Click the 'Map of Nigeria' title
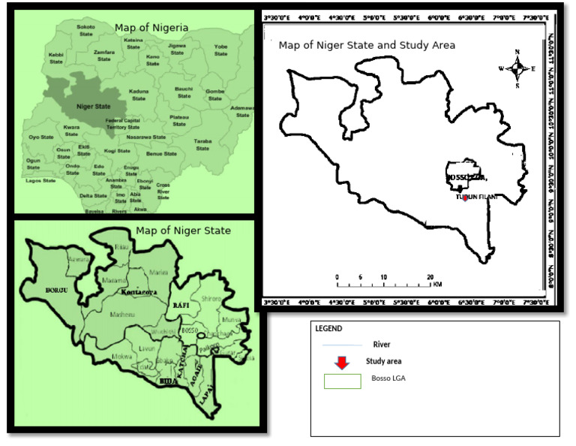(x=151, y=28)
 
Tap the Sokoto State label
(x=85, y=30)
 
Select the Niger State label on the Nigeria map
(x=93, y=106)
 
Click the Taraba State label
(x=202, y=145)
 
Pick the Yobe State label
(x=220, y=50)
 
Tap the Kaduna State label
(x=138, y=95)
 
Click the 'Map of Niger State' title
(x=182, y=230)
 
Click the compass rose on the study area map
(x=517, y=68)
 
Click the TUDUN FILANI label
(x=477, y=197)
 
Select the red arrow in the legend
(x=341, y=363)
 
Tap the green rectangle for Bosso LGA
(x=342, y=381)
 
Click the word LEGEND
(x=329, y=329)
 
